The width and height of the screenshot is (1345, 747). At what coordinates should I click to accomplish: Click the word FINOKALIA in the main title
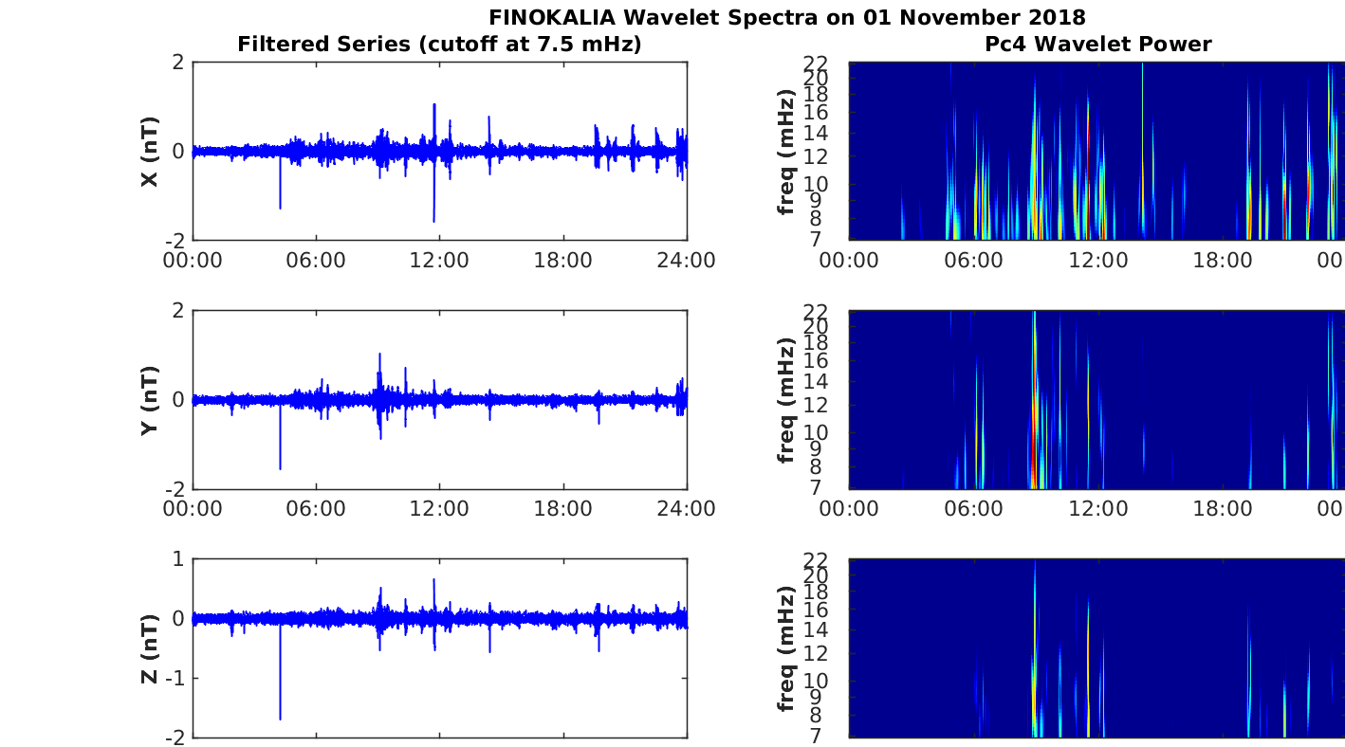(x=552, y=17)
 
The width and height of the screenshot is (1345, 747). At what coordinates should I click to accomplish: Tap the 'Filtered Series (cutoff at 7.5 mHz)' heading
(x=439, y=44)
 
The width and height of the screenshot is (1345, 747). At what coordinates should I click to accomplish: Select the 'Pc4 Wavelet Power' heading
(x=1098, y=44)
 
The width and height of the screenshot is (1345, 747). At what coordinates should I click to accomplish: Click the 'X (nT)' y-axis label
(x=150, y=151)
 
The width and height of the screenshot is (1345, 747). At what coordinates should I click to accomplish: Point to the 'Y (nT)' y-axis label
(x=150, y=400)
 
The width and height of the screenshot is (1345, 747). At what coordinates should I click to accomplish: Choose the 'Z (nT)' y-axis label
(x=150, y=648)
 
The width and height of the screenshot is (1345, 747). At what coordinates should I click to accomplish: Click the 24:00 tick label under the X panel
(x=687, y=260)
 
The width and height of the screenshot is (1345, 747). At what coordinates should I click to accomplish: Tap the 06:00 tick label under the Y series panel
(x=316, y=508)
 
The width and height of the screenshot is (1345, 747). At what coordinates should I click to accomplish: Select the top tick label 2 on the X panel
(x=178, y=62)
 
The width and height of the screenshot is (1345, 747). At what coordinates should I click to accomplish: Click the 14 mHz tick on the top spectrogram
(x=816, y=133)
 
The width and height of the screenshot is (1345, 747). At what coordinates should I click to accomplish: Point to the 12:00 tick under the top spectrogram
(x=1098, y=260)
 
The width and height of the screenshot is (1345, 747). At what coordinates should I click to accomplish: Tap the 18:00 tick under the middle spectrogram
(x=1223, y=508)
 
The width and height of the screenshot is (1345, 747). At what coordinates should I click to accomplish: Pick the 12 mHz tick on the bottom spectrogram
(x=816, y=653)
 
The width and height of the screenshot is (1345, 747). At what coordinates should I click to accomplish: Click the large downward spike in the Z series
(x=281, y=671)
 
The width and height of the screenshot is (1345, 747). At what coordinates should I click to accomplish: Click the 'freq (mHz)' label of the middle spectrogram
(x=785, y=400)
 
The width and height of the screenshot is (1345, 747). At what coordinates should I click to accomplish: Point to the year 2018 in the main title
(x=1058, y=17)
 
